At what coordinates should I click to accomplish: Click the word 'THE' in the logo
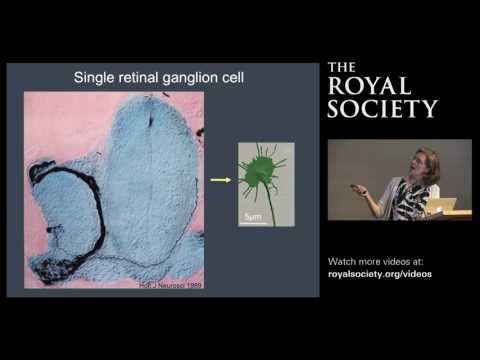[x=342, y=69]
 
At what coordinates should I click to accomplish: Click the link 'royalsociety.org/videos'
[x=380, y=273]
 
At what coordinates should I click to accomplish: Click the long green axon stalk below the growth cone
[x=265, y=208]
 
